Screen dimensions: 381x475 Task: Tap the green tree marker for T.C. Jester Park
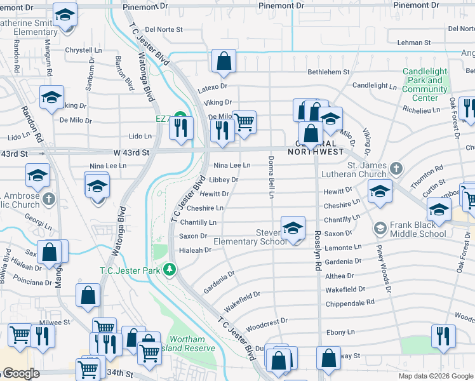170,270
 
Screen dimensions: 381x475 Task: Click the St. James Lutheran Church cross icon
396,168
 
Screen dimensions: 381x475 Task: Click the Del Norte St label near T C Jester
164,29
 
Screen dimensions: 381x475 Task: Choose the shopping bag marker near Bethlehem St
224,62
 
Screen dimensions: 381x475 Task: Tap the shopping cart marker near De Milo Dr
244,123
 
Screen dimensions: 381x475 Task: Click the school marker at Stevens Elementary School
293,229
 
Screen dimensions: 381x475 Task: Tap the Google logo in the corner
20,373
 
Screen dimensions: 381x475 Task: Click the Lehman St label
413,43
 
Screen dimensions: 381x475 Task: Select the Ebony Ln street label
340,332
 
